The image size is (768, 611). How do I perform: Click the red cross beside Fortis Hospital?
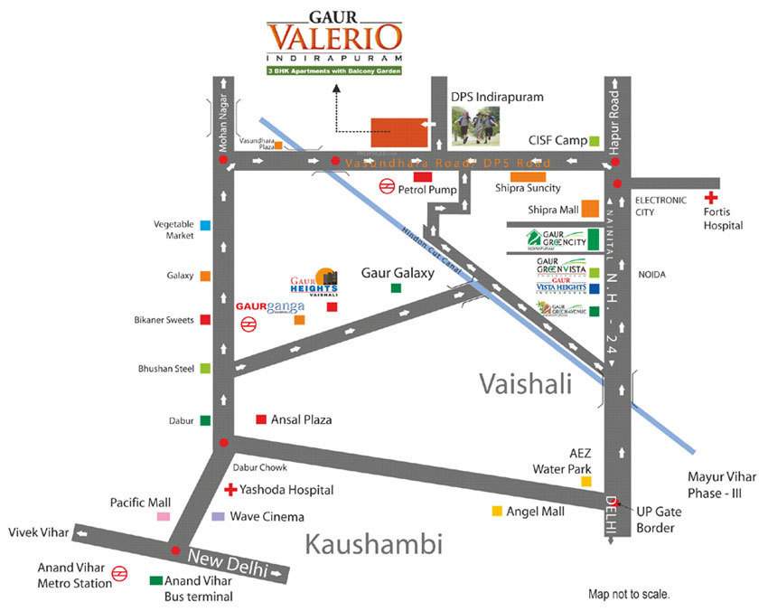click(x=712, y=197)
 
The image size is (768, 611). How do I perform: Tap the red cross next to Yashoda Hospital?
click(x=230, y=489)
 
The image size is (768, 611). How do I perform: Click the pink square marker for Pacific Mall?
click(x=164, y=516)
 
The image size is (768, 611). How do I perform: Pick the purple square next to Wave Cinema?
click(x=218, y=517)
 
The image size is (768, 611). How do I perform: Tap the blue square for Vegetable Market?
click(x=206, y=225)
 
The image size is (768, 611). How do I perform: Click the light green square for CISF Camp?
click(x=594, y=141)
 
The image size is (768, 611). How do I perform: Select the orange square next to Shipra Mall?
click(x=590, y=209)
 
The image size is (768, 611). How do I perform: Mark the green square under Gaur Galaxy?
click(x=396, y=288)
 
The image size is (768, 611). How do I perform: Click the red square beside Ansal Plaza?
click(x=261, y=419)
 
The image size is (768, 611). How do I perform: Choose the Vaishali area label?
click(x=526, y=384)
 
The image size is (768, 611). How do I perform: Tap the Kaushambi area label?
click(x=373, y=544)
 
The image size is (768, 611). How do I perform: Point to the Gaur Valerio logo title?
click(x=335, y=36)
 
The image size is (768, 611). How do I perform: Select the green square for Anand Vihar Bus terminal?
click(x=156, y=581)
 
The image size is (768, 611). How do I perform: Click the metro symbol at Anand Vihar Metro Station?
click(x=118, y=574)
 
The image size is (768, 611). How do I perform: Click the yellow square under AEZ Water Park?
click(x=586, y=482)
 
